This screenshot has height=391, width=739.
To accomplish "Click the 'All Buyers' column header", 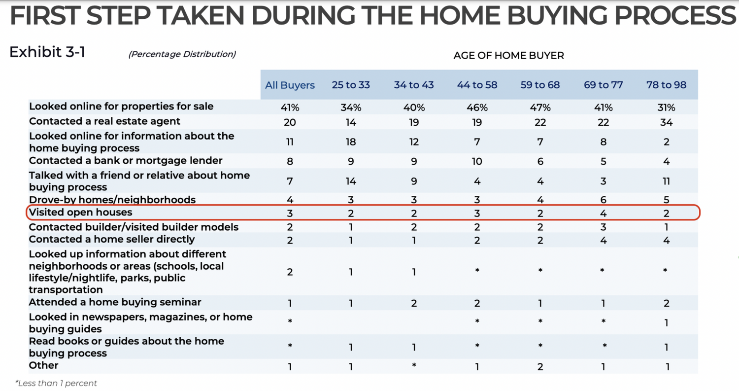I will (290, 85).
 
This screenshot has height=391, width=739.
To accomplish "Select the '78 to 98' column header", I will (666, 85).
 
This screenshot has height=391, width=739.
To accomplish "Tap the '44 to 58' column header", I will (477, 85).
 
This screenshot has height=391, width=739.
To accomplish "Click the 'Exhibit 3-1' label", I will (47, 52).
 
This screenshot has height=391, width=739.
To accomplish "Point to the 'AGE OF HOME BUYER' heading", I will (508, 56).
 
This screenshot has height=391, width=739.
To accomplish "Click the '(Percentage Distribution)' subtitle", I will (182, 54).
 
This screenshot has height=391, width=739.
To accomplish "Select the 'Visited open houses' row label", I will (81, 212).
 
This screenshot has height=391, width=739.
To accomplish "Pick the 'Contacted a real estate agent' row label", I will (105, 121).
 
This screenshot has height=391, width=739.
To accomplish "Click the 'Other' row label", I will (44, 365).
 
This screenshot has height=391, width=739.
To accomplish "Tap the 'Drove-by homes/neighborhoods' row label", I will (112, 200).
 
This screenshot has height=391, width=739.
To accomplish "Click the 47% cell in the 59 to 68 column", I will (540, 107).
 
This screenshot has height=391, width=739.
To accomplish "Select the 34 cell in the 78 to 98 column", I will (666, 122).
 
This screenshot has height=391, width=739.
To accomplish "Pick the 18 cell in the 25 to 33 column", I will (351, 142).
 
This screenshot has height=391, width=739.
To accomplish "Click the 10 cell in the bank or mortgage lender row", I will (477, 161).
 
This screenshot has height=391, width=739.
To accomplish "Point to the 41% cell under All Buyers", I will (290, 107).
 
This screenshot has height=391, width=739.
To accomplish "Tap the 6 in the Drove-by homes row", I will (603, 200).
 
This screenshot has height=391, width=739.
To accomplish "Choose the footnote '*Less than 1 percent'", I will (56, 383).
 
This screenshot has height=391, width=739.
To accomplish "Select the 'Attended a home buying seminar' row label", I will (115, 302).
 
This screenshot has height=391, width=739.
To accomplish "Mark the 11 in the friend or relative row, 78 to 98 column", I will (666, 181).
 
